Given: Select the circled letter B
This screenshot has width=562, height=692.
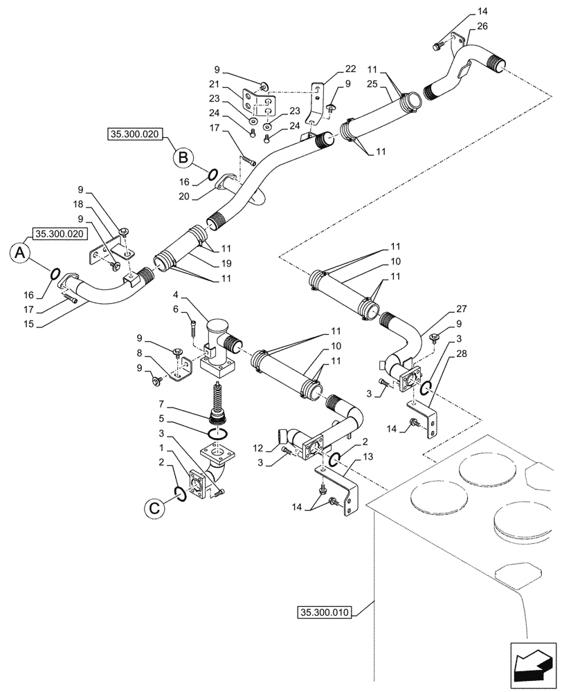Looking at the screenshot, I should [x=182, y=158].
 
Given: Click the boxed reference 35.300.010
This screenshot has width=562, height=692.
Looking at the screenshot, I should [x=326, y=612].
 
